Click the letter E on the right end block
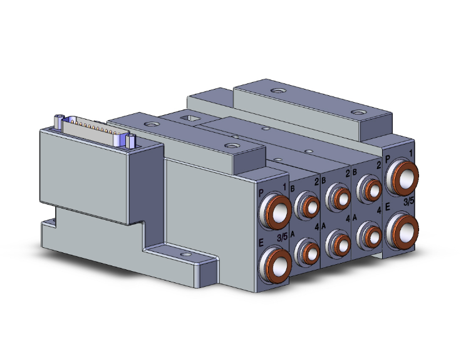coord(388,207)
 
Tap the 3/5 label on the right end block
coord(408,202)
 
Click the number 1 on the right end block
coord(410,152)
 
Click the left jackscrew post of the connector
coord(58,121)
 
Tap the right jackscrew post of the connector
coord(131,141)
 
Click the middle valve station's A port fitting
coord(339,240)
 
